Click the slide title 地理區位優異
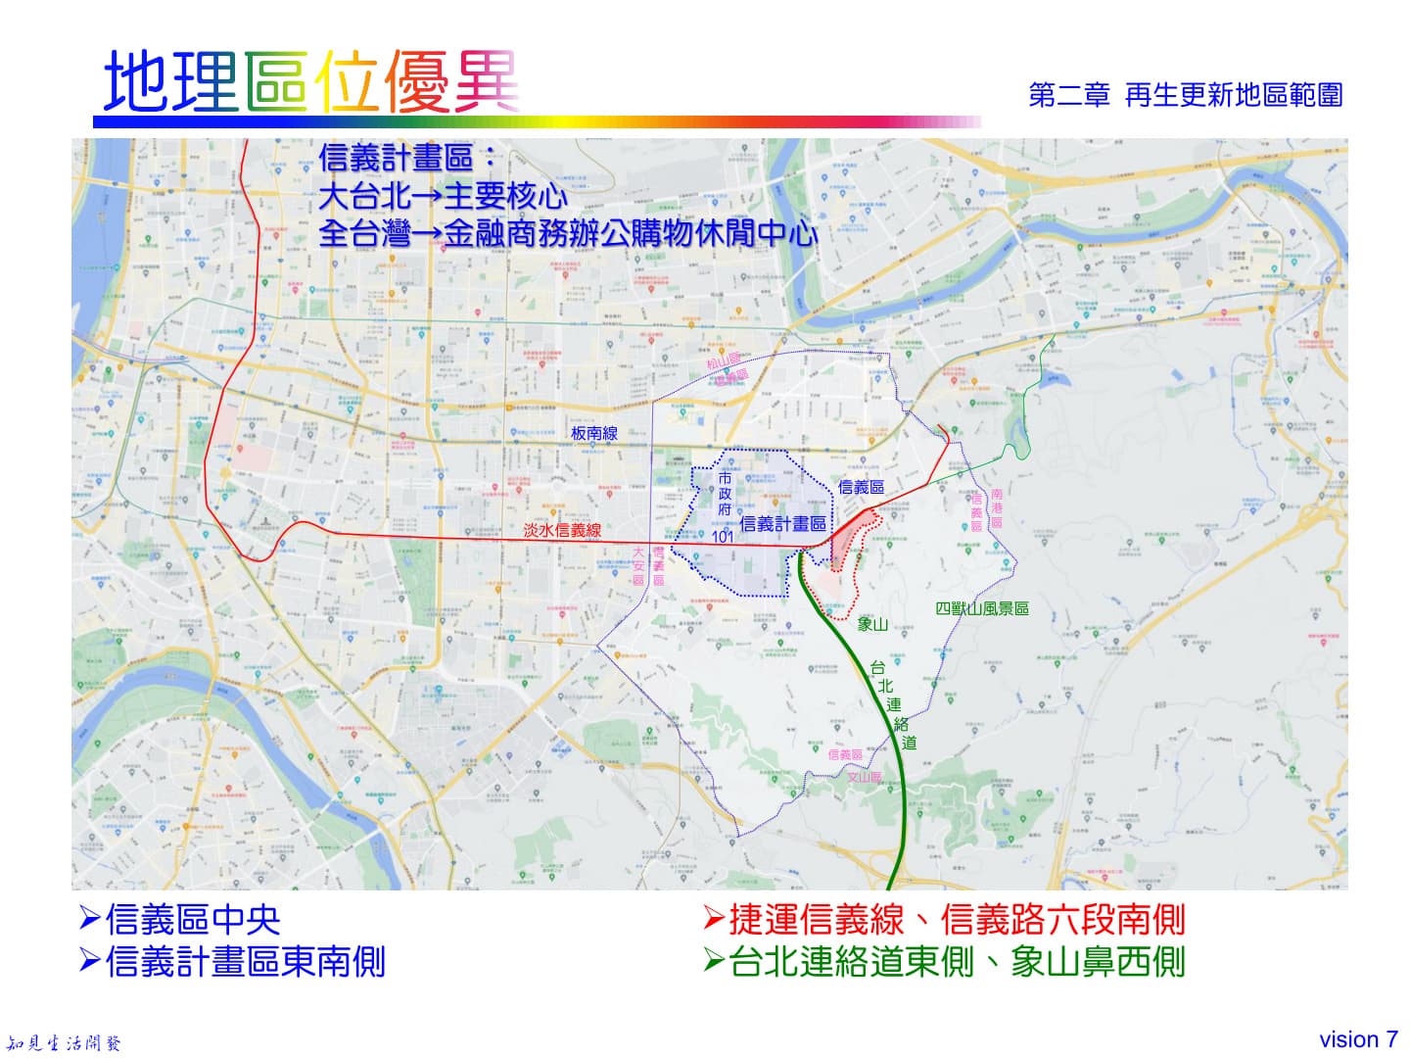click(x=311, y=81)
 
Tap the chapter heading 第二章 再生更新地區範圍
click(x=1185, y=95)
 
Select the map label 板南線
click(x=594, y=433)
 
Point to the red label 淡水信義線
click(x=562, y=530)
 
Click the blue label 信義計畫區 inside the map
click(x=782, y=524)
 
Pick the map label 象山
click(x=871, y=624)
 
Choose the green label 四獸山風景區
click(x=982, y=608)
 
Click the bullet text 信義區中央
click(x=192, y=920)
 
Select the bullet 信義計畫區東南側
click(x=244, y=962)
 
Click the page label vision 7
click(x=1358, y=1039)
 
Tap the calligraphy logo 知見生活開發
click(x=64, y=1043)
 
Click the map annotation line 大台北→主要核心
click(x=443, y=196)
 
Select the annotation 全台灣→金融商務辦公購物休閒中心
click(x=568, y=234)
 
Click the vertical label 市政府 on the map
click(x=725, y=495)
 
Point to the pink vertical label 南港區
click(x=997, y=508)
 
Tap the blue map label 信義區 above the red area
click(x=861, y=487)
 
